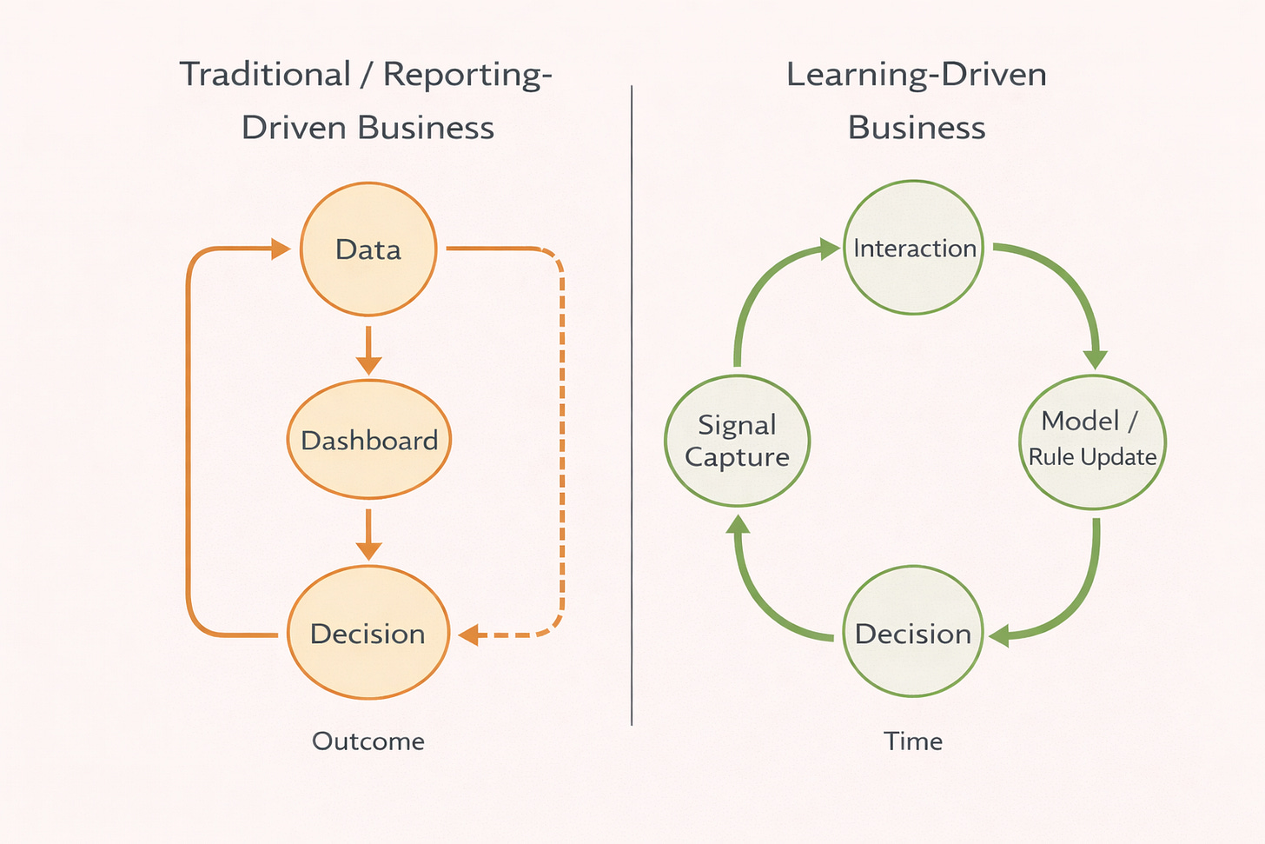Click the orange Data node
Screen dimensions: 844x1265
pos(368,249)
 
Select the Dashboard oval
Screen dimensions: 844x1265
pos(369,440)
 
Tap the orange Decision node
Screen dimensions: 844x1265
pos(368,633)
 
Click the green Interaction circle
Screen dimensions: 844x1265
pos(914,248)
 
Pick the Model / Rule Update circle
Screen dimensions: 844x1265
pos(1092,442)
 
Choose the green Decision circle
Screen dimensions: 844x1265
pos(913,632)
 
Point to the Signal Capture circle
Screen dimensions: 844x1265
pos(737,441)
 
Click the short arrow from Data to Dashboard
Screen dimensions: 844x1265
pos(368,350)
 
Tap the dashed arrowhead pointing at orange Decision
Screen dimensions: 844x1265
pos(469,635)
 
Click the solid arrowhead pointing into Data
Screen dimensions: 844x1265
pos(280,249)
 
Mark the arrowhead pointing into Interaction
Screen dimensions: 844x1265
pos(830,250)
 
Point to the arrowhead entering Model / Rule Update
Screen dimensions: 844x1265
pos(1096,358)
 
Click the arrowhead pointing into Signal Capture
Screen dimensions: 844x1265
pos(738,524)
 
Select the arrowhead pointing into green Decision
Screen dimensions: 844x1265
pos(999,636)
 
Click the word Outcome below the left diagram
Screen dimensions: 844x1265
pos(368,741)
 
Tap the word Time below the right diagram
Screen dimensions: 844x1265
pos(913,741)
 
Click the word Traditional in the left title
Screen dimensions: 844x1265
pos(265,75)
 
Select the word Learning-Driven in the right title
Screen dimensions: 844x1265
pos(916,75)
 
